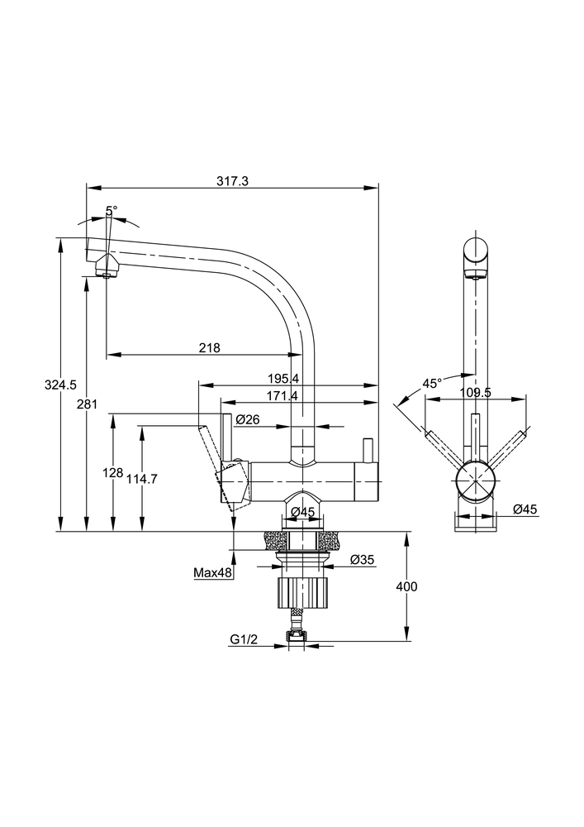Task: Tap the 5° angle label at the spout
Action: pos(112,211)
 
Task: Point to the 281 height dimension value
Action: pos(88,404)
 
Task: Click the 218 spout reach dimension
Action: pos(209,348)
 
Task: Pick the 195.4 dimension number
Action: pos(283,378)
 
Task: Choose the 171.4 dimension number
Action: pos(283,396)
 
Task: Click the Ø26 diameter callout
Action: pos(248,419)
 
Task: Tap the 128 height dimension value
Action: pos(112,472)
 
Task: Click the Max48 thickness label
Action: pos(212,571)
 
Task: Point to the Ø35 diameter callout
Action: pos(362,560)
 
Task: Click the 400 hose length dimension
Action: pos(406,586)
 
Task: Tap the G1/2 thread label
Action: pos(245,639)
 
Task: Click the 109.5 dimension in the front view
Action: pos(475,393)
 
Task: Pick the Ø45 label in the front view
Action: pos(525,509)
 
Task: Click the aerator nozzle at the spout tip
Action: pos(105,269)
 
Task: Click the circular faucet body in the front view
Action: pos(475,480)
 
